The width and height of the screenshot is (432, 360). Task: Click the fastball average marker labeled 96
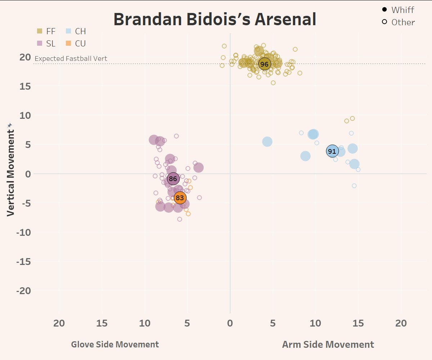pyautogui.click(x=265, y=64)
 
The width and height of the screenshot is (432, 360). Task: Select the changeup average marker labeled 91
pyautogui.click(x=332, y=151)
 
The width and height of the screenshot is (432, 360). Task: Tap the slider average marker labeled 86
pyautogui.click(x=173, y=179)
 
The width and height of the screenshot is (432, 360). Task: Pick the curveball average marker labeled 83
pyautogui.click(x=180, y=198)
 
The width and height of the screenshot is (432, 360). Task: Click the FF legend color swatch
pyautogui.click(x=40, y=31)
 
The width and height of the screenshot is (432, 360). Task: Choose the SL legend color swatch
pyautogui.click(x=40, y=43)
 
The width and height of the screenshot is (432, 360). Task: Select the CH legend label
pyautogui.click(x=80, y=31)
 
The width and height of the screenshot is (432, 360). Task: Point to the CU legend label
pyautogui.click(x=80, y=43)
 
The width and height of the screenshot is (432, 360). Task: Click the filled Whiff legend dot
pyautogui.click(x=384, y=10)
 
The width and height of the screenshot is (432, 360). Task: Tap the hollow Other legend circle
pyautogui.click(x=384, y=22)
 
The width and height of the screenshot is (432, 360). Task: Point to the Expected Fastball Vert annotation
pyautogui.click(x=71, y=59)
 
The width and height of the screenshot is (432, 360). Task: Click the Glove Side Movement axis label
pyautogui.click(x=115, y=345)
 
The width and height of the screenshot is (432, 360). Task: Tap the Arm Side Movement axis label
pyautogui.click(x=328, y=345)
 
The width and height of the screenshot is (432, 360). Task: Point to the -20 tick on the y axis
pyautogui.click(x=24, y=291)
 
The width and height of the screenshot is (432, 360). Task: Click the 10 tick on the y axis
pyautogui.click(x=26, y=115)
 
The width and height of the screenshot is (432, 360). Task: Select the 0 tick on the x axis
pyautogui.click(x=230, y=323)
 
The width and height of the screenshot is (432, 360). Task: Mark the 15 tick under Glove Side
pyautogui.click(x=102, y=323)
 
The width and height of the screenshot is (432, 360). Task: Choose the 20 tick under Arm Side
pyautogui.click(x=401, y=323)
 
